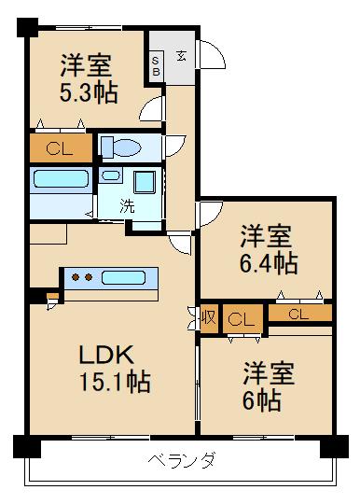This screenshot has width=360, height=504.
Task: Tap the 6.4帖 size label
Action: click(268, 263)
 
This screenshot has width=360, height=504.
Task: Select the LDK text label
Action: click(107, 356)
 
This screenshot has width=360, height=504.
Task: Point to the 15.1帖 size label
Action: click(114, 382)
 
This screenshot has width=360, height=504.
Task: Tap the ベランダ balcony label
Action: click(183, 460)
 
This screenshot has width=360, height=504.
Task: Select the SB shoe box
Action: click(156, 63)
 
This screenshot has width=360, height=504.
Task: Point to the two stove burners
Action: click(83, 276)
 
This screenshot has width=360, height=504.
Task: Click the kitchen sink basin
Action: click(127, 277)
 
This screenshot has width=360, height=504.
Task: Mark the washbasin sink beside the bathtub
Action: click(111, 175)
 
